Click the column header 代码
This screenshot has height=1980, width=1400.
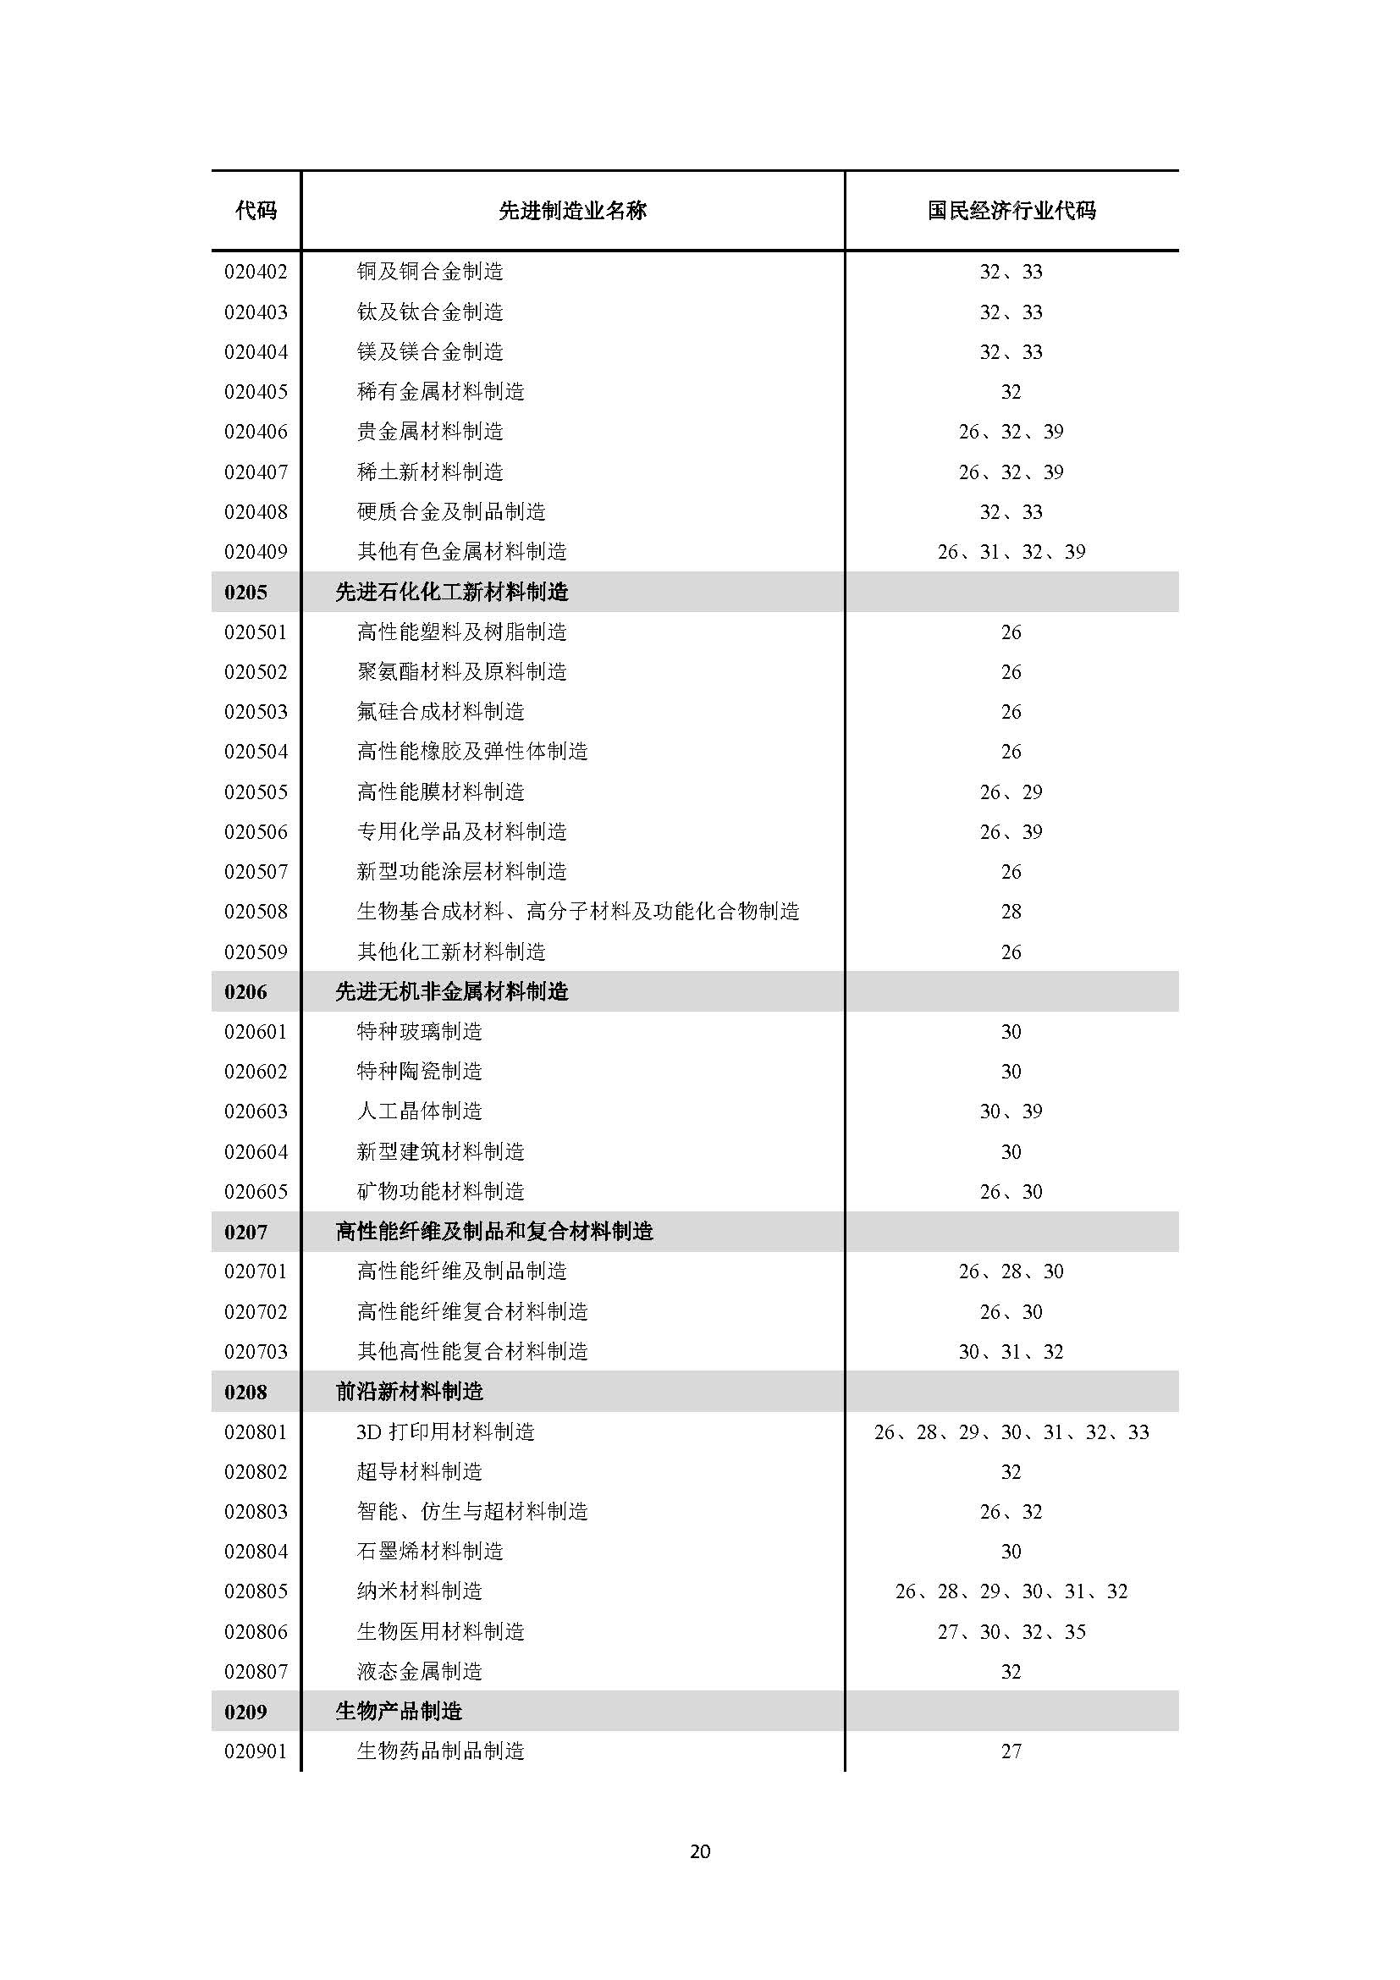tap(256, 211)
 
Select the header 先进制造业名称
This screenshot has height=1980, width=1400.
tap(572, 211)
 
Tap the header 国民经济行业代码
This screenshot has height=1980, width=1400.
tap(1011, 211)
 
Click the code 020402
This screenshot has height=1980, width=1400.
tap(256, 272)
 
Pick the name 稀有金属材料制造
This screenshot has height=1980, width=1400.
tap(440, 392)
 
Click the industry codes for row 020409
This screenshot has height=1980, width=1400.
tap(1011, 552)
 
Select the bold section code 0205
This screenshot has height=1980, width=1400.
tap(245, 593)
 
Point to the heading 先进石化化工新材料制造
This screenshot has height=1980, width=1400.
tap(452, 593)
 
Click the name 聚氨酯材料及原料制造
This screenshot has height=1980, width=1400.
tap(462, 672)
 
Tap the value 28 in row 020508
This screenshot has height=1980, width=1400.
tap(1011, 912)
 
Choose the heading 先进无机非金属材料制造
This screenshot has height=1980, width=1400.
tap(452, 992)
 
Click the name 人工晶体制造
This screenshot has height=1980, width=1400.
tap(420, 1111)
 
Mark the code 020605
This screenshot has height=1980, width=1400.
tap(256, 1192)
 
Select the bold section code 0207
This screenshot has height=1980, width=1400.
tap(245, 1233)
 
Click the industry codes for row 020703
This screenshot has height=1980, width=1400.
tap(1011, 1351)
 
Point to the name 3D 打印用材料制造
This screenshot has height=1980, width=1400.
tap(446, 1432)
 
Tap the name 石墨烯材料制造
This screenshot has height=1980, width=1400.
tap(430, 1552)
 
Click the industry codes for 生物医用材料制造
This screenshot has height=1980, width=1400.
tap(1011, 1631)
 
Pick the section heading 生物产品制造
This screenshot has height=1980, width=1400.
tap(400, 1712)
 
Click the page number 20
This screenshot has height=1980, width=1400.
tap(700, 1851)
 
